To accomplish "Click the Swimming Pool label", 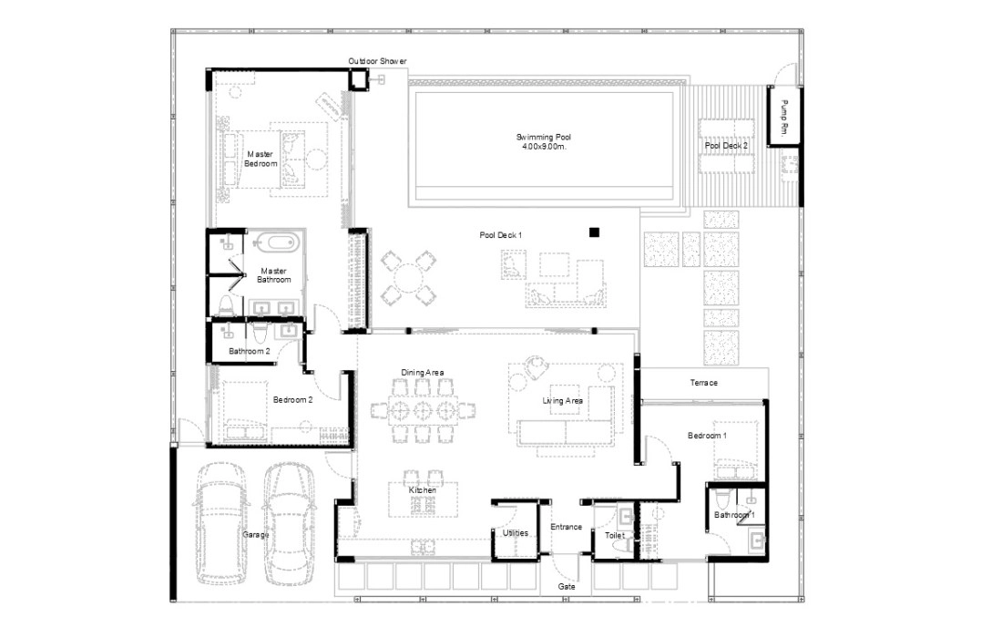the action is coord(543,137).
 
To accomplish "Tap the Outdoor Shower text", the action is coord(377,61).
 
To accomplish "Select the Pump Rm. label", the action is coord(784,117).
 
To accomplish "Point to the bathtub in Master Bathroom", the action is coord(275,243).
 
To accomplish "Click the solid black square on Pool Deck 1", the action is coord(594,232).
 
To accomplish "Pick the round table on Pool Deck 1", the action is coord(408,277).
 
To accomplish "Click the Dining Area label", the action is coord(423,373).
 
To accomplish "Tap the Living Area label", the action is coord(562,401).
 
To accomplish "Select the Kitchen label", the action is coord(423,490).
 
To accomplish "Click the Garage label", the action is coord(256,534).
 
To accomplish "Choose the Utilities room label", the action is coord(515,532).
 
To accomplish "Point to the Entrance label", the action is coord(567,527).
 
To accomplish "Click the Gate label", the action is coord(567,586).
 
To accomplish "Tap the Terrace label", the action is coord(703,383).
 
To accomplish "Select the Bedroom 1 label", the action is coord(707,436).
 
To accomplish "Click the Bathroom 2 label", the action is coord(250,351).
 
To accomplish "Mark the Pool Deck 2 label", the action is coord(726,146).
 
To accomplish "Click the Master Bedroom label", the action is coord(261,159).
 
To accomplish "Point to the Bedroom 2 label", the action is coord(292,400).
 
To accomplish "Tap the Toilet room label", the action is coord(615,535).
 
